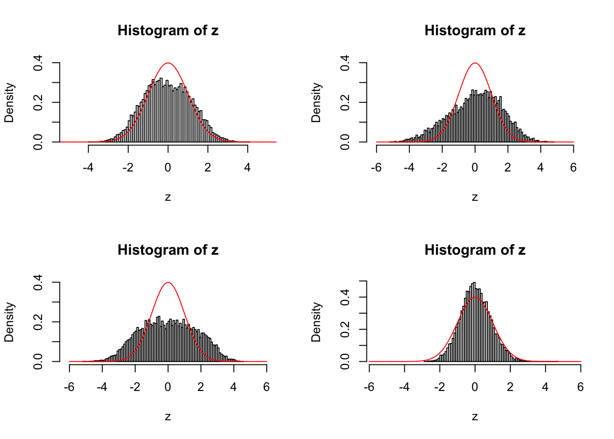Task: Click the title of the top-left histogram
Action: coord(168,31)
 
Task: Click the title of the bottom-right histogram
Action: coord(475,250)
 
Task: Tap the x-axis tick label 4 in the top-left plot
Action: coord(247,168)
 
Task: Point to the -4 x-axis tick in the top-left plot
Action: coord(88,168)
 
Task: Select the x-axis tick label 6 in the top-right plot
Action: coord(573,168)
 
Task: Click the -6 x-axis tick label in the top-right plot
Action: coord(376,168)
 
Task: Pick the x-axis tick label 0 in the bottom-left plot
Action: coord(168,387)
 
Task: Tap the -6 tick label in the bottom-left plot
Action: coord(69,387)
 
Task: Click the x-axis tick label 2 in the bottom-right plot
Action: coord(510,387)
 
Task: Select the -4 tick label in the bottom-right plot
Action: coord(404,387)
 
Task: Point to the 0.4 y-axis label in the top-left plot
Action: coord(38,63)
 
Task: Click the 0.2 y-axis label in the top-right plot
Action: coord(345,102)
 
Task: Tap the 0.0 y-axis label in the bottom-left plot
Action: coord(38,361)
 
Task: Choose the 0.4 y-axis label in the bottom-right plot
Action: coord(345,297)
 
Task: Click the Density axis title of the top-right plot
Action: coord(316,102)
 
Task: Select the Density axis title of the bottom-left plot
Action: coord(9,322)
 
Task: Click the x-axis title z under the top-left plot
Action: coord(168,197)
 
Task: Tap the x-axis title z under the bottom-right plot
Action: coord(475,417)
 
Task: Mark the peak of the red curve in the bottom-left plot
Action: coord(168,283)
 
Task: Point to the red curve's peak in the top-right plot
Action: coord(475,63)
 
